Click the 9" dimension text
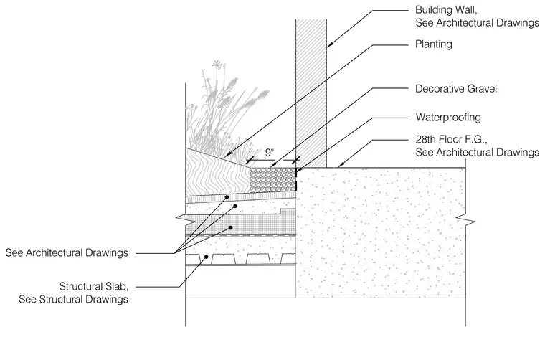(270, 153)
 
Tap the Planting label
(434, 44)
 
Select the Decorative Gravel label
(456, 89)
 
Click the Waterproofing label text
(448, 118)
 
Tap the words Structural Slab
(94, 286)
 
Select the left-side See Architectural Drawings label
(67, 252)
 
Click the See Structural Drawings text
(73, 299)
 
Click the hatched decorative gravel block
(272, 180)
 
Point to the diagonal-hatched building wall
(311, 93)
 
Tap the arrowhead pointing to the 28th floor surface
(341, 165)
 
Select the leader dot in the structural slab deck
(206, 257)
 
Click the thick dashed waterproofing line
(295, 179)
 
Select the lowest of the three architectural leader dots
(230, 228)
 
